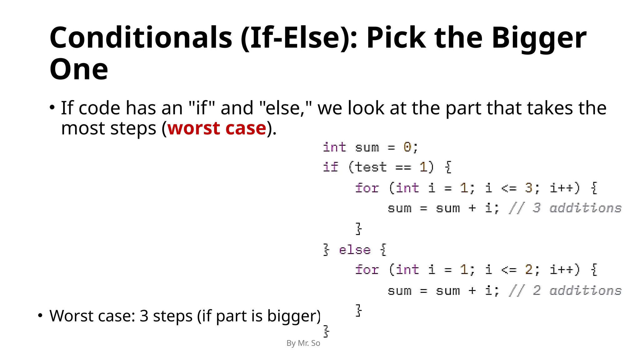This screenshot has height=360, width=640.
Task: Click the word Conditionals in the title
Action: [141, 38]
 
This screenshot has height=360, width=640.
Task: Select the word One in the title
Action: [79, 69]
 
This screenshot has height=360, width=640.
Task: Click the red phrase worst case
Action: [217, 128]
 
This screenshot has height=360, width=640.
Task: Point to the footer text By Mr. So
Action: [303, 343]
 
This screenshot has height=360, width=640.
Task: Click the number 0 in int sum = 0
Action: [407, 147]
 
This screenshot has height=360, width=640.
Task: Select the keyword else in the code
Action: [355, 250]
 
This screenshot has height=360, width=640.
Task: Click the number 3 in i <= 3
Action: [529, 188]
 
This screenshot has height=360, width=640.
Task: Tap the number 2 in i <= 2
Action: [529, 270]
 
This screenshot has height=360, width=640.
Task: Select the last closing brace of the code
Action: [326, 331]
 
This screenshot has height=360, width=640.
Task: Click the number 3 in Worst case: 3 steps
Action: [144, 316]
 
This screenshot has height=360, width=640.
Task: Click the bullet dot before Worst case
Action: [40, 316]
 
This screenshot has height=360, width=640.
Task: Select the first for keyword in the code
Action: [367, 188]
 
